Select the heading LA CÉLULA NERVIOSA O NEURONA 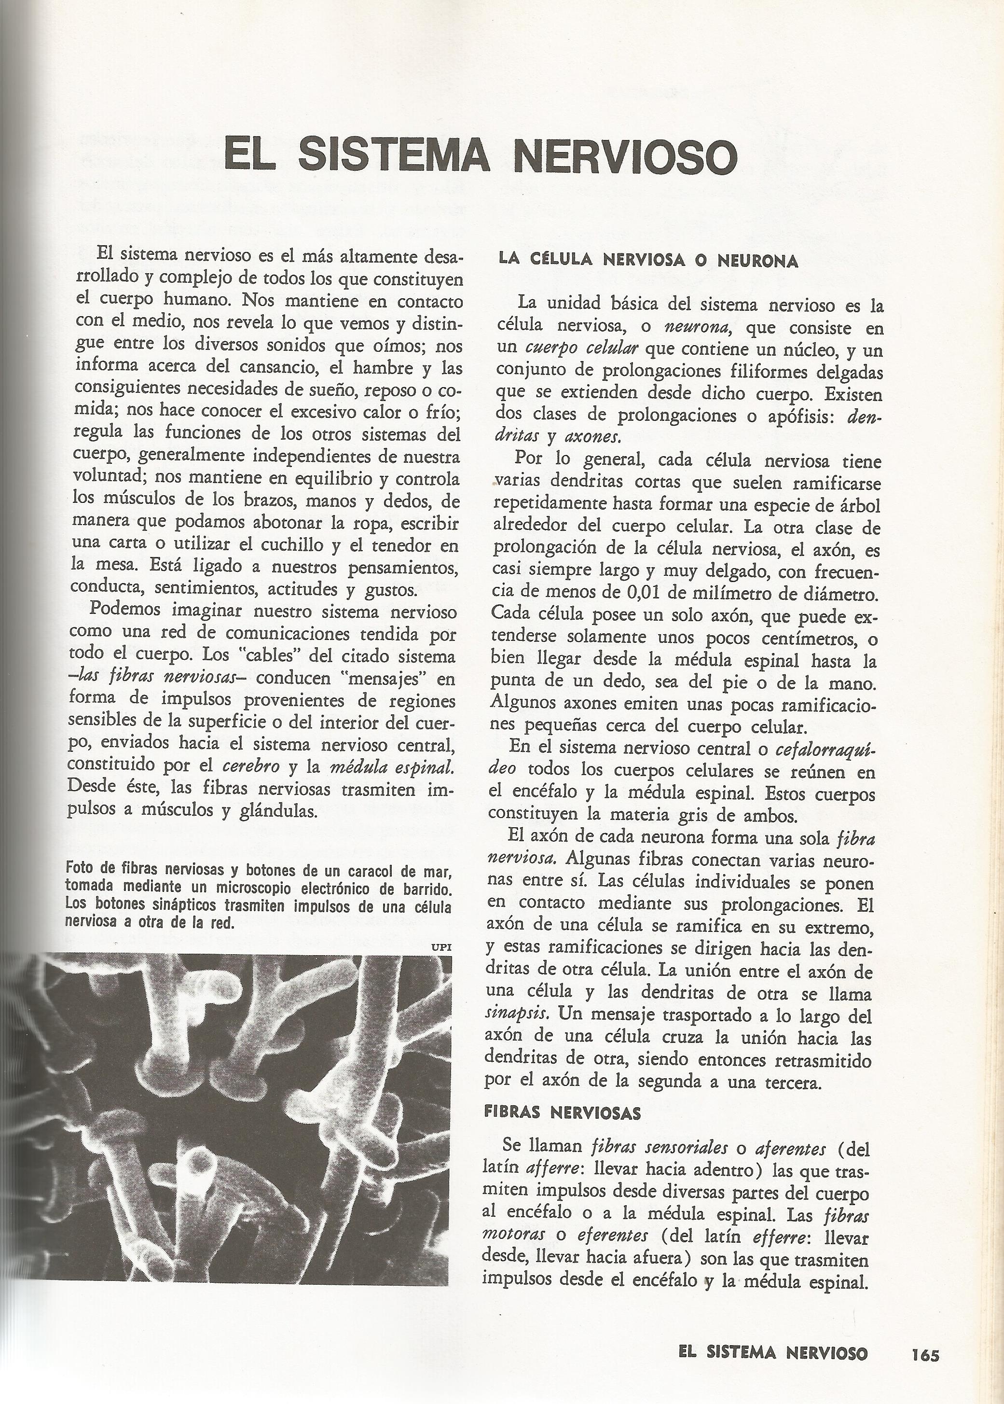pyautogui.click(x=648, y=261)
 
